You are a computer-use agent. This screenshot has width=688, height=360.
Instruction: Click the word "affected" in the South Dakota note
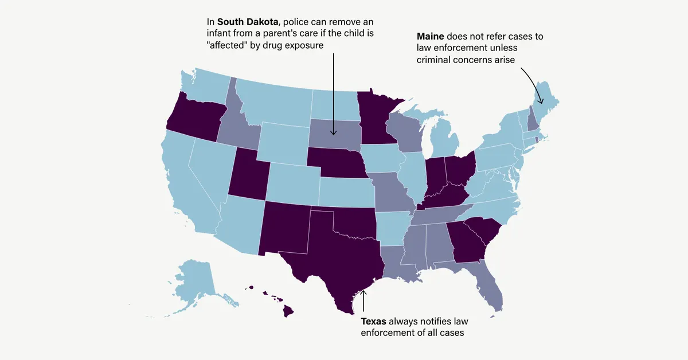[229, 45]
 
